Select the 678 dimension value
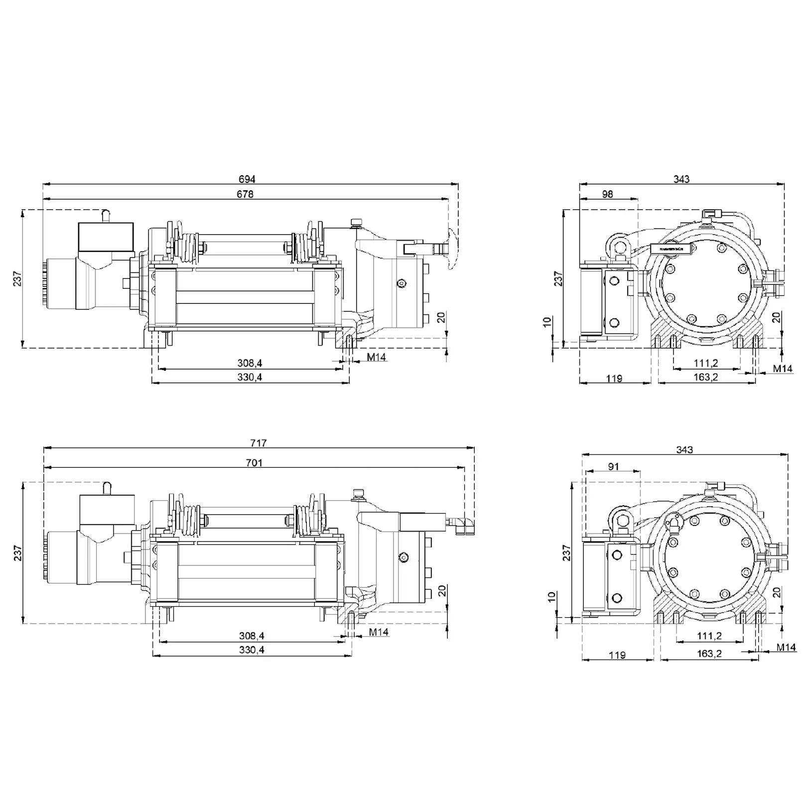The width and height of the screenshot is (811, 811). point(245,194)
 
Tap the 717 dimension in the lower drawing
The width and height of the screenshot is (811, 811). point(259,443)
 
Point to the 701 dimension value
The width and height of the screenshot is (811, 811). point(254,463)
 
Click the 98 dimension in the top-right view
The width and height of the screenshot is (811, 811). point(607,194)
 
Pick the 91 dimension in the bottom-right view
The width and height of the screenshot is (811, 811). point(613,466)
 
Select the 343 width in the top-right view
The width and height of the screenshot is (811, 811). point(681,179)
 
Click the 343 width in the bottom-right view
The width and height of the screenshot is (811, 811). point(684,450)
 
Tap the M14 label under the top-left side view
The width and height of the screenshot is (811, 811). point(376,357)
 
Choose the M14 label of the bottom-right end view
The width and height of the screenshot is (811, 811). point(786,648)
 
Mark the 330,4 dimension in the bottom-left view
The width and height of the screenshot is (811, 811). point(252,650)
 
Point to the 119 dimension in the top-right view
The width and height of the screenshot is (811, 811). point(614,379)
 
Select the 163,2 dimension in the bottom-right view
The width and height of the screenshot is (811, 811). point(709,654)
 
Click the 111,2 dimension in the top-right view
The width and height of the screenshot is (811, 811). point(706,364)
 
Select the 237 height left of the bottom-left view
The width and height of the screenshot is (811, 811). point(18,553)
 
